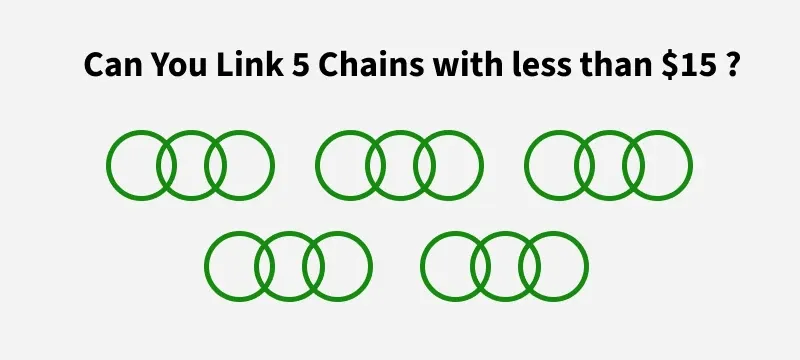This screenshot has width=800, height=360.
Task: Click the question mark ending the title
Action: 733,66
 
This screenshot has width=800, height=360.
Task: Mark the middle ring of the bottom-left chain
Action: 288,234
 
